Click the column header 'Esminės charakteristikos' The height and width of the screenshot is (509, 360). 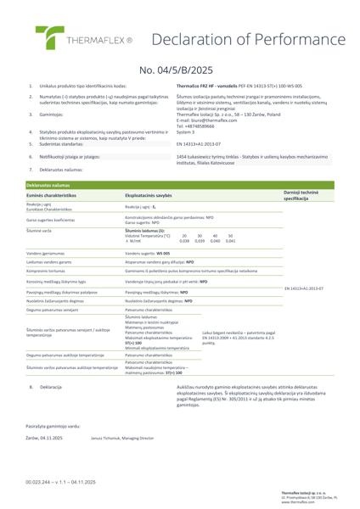point(52,194)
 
